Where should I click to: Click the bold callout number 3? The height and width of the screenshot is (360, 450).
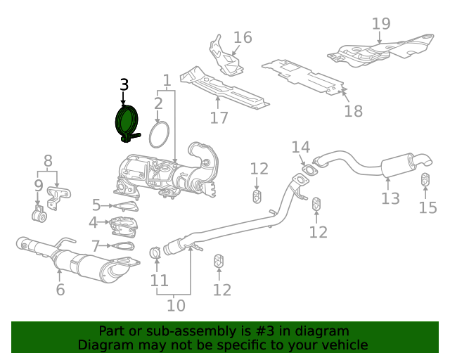coord(124,85)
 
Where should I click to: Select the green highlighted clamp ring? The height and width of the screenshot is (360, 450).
coord(127,120)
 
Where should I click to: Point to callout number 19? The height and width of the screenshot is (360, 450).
coord(380,23)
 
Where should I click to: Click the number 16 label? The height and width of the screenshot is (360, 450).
coord(242,37)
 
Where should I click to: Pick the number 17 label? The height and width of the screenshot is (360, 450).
coord(219,117)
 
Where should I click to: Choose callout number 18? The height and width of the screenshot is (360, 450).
coord(354,110)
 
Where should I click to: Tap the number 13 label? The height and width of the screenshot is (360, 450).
coord(390,198)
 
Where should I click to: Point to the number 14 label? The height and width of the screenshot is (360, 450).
coord(300,147)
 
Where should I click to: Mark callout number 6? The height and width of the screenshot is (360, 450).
coord(60,289)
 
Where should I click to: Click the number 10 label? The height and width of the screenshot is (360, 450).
coord(176,305)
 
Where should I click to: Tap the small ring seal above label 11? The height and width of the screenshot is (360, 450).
coord(155,252)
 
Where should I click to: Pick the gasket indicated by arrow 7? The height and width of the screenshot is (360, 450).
coord(122,246)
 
